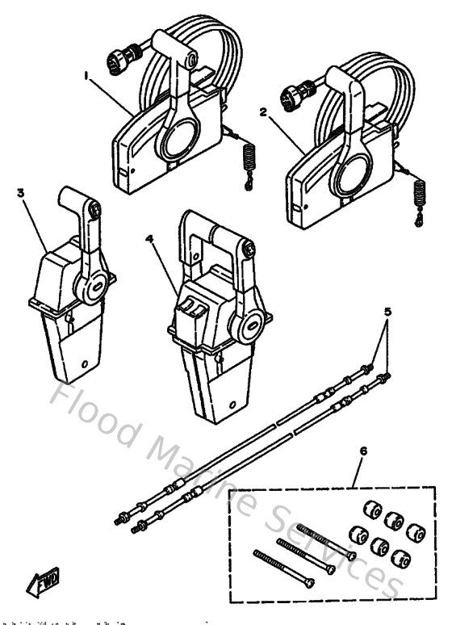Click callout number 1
pos(85,75)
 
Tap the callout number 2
pos(262,113)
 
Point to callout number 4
pos(149,239)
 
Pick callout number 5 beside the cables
pos(387,312)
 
